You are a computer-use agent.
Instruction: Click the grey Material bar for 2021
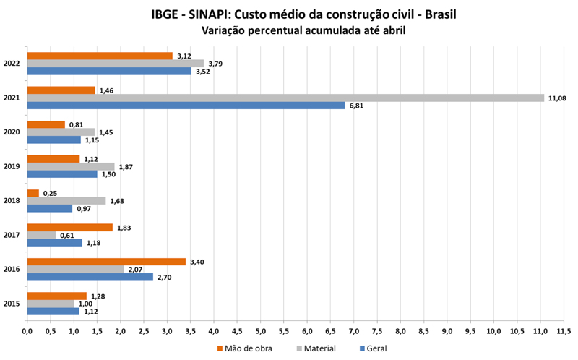click(285, 98)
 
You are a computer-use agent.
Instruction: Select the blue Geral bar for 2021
click(186, 106)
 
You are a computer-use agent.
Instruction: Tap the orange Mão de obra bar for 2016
click(106, 262)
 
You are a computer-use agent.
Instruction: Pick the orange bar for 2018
click(33, 193)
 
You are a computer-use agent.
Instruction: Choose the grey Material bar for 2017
click(41, 235)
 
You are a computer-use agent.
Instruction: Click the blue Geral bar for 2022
click(109, 71)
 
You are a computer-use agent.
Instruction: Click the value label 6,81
click(358, 106)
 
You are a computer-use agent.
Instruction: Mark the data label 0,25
click(50, 193)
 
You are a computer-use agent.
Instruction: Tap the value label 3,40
click(197, 262)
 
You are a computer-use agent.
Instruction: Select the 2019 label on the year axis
click(11, 166)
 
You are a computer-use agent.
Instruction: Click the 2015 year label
click(11, 304)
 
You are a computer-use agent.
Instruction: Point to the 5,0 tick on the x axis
click(261, 332)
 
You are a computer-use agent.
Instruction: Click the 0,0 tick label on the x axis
click(27, 332)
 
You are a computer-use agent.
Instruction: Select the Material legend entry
click(316, 348)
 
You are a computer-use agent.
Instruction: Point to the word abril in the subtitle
click(391, 31)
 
